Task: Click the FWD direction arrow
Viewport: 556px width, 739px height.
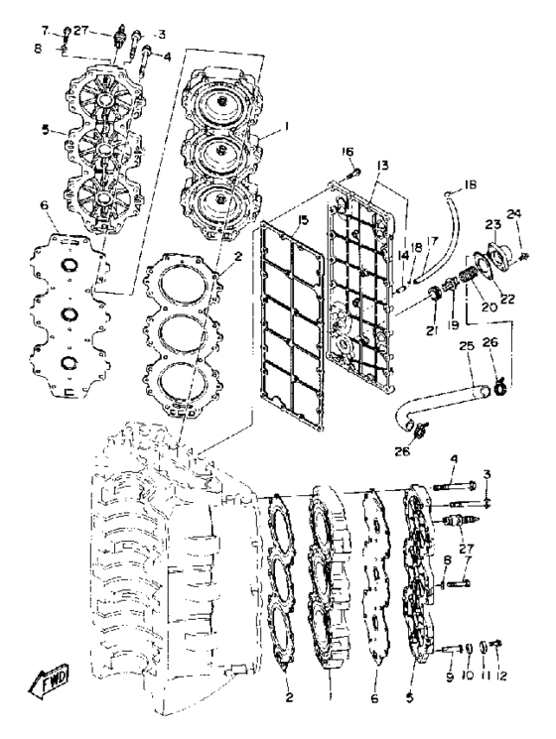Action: (x=50, y=678)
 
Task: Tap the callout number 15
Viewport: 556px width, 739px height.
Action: (x=303, y=220)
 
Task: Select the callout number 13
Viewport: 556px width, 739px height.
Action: (x=382, y=165)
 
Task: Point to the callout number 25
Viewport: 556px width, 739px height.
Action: (x=467, y=347)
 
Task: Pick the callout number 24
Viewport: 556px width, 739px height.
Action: (x=514, y=214)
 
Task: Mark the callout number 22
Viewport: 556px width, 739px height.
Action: (x=508, y=298)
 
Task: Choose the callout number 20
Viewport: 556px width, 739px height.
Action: (x=489, y=307)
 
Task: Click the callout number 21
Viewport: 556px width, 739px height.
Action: (x=432, y=331)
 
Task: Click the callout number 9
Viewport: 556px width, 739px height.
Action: (x=450, y=677)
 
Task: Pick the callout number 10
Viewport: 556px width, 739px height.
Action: (x=468, y=676)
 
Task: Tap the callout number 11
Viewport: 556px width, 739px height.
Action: (x=486, y=676)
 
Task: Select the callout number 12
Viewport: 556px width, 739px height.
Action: (x=501, y=676)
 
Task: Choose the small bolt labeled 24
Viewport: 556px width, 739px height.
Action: (x=524, y=256)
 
